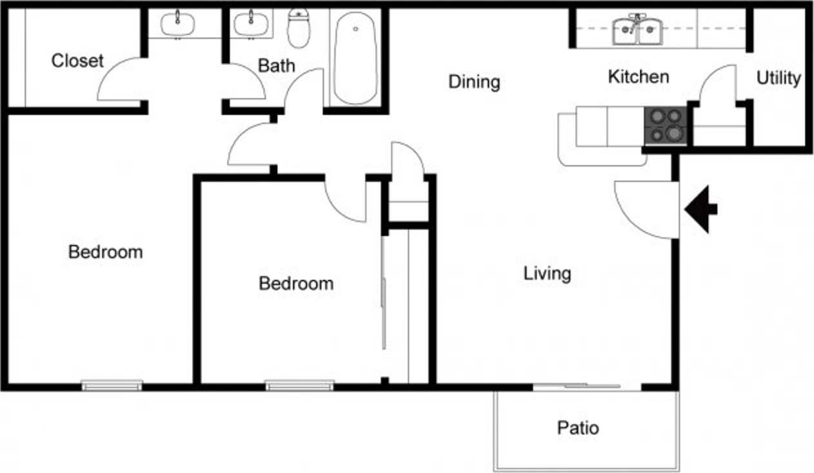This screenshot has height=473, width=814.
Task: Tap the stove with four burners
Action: [x=666, y=125]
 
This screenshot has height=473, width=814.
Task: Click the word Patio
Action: [x=578, y=428]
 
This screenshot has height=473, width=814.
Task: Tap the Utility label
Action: [x=779, y=79]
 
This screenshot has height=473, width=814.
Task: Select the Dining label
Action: [x=474, y=82]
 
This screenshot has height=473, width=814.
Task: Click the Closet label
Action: [x=77, y=61]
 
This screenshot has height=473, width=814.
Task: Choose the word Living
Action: [x=547, y=273]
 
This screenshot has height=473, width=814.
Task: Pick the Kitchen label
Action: [x=638, y=77]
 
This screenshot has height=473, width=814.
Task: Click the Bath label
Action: [x=277, y=65]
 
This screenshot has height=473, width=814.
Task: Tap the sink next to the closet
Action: [x=177, y=24]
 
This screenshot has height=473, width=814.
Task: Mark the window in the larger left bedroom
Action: [x=112, y=385]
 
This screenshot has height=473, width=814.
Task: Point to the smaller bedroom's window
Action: [x=300, y=385]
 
